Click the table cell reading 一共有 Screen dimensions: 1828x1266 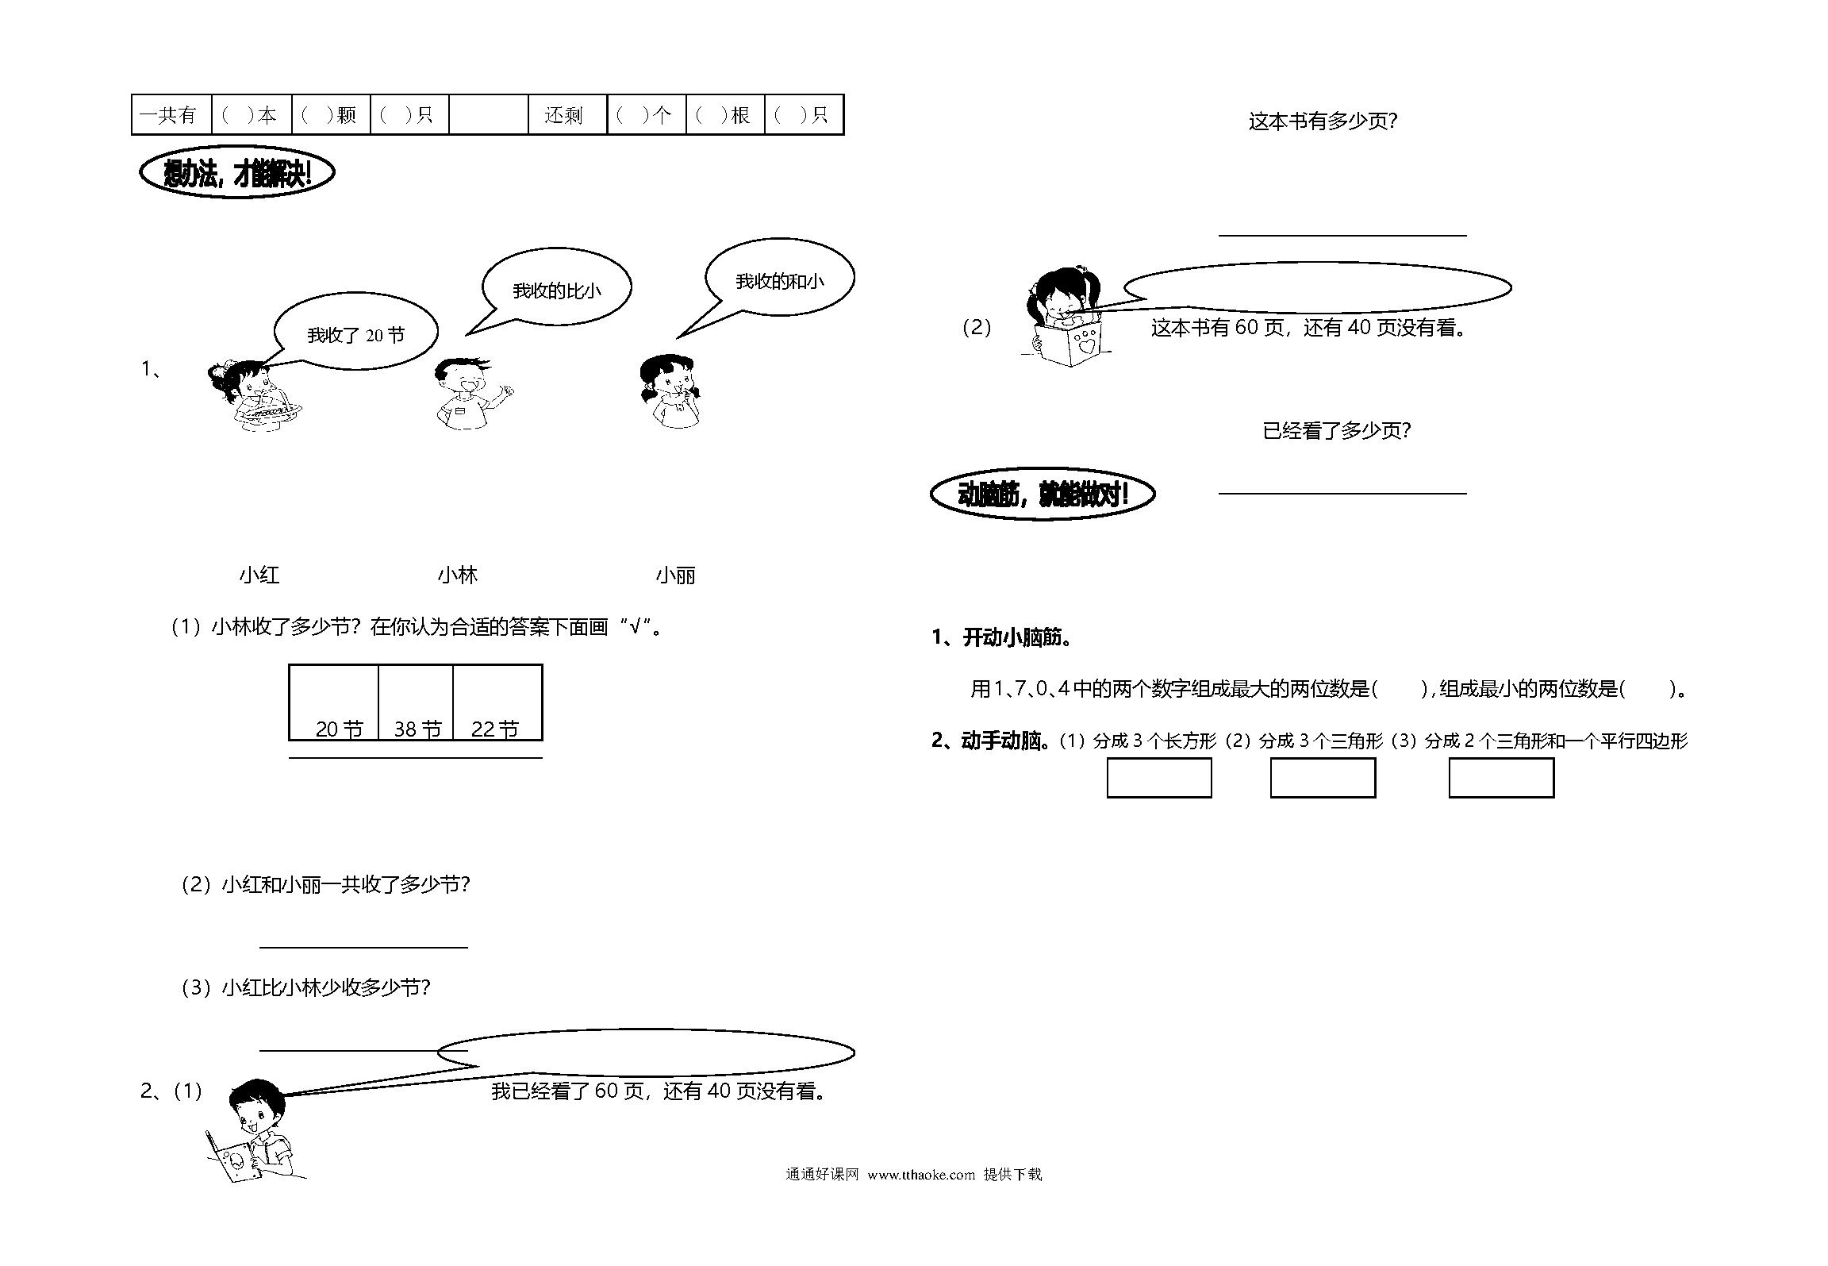(171, 115)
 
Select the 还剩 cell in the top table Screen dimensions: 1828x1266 (566, 115)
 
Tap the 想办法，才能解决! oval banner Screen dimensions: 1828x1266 (237, 172)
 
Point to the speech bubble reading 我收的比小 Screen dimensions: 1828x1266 (555, 287)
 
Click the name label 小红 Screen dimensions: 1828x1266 (259, 575)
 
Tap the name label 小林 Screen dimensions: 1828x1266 (458, 575)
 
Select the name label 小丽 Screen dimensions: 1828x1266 (676, 575)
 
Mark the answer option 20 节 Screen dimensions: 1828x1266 (339, 729)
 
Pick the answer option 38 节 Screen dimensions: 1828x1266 (417, 729)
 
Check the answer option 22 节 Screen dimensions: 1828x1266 (495, 729)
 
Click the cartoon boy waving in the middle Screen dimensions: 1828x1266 (471, 394)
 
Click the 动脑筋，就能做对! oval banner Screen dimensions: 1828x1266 (1043, 494)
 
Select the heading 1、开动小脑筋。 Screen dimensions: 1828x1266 (1004, 637)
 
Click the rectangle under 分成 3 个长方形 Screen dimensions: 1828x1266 (1159, 778)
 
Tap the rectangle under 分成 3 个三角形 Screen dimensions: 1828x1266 (1323, 778)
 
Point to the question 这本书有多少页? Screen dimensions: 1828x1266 (1323, 121)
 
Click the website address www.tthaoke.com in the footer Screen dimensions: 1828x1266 (921, 1174)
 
